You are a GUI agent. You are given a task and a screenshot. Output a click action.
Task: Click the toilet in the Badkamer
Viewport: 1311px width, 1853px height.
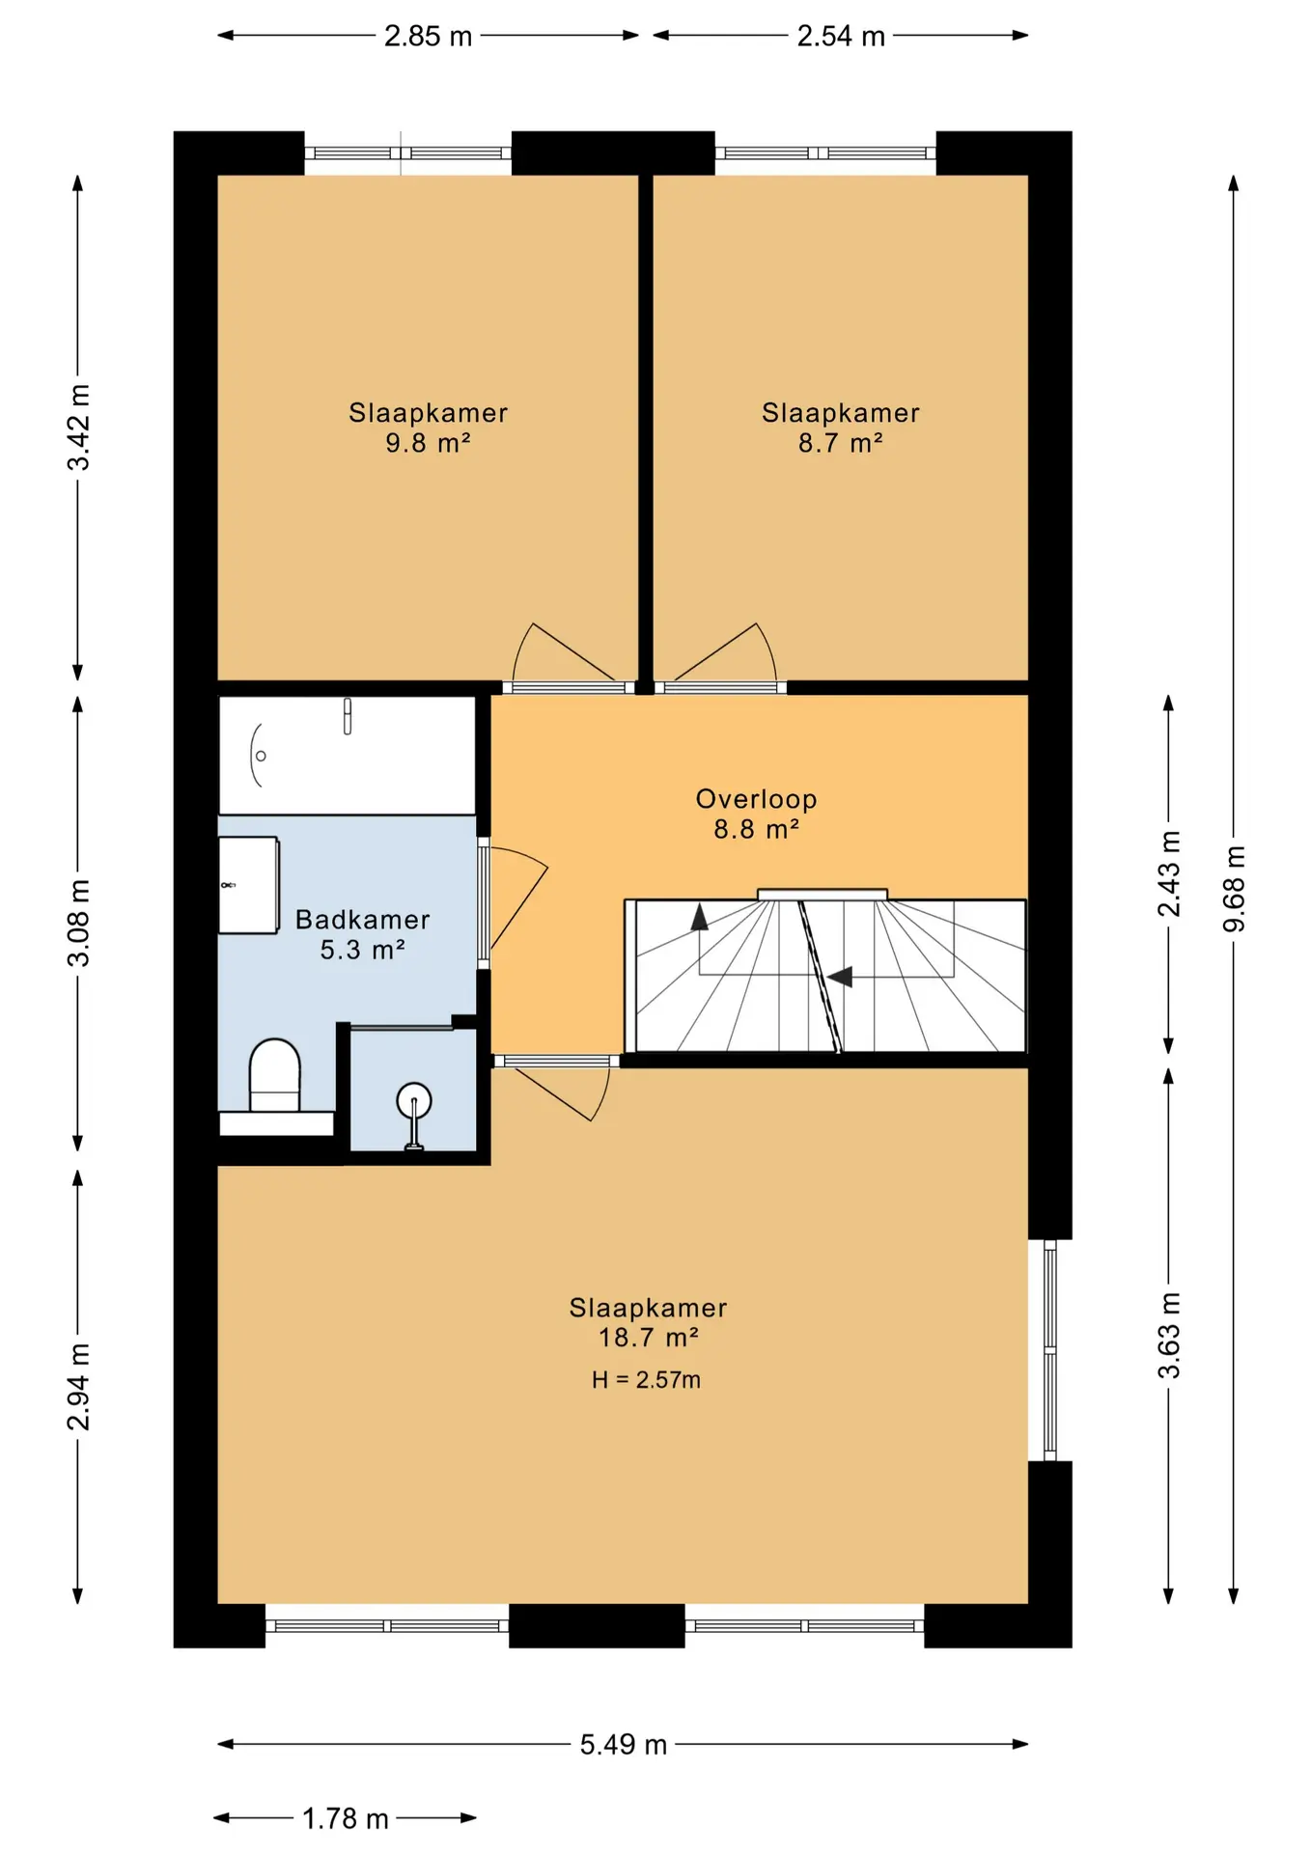(275, 1076)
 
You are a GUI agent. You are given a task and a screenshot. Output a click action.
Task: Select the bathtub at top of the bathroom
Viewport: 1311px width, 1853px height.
(348, 756)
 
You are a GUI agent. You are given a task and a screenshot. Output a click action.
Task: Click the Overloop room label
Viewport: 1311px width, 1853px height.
(757, 799)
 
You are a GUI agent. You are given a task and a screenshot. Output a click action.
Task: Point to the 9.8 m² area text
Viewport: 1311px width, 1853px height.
(429, 444)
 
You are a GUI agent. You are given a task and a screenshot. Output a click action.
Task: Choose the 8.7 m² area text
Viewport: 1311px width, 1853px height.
(841, 444)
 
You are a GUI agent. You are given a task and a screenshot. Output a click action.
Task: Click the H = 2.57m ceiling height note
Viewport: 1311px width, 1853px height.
(647, 1380)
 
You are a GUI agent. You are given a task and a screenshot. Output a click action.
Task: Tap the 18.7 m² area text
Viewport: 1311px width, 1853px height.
(649, 1338)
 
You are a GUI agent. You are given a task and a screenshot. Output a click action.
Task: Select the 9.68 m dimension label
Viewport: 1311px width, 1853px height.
(1234, 889)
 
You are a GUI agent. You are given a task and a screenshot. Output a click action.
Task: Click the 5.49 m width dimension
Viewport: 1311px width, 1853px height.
(624, 1745)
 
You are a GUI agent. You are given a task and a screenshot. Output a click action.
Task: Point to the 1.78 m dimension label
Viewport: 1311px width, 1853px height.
(346, 1819)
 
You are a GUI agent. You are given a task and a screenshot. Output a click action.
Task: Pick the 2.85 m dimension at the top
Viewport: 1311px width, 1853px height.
(429, 37)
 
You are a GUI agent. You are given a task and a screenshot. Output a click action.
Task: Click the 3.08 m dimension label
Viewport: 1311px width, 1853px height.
(78, 923)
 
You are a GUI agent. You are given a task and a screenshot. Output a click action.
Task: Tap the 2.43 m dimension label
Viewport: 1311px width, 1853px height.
(1169, 873)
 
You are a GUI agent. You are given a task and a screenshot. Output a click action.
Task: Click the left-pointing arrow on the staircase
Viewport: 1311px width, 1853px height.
(839, 977)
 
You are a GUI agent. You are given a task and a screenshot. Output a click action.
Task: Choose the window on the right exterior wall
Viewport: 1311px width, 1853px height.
(1050, 1350)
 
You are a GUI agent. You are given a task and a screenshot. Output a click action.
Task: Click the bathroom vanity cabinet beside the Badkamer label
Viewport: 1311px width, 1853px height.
(249, 886)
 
